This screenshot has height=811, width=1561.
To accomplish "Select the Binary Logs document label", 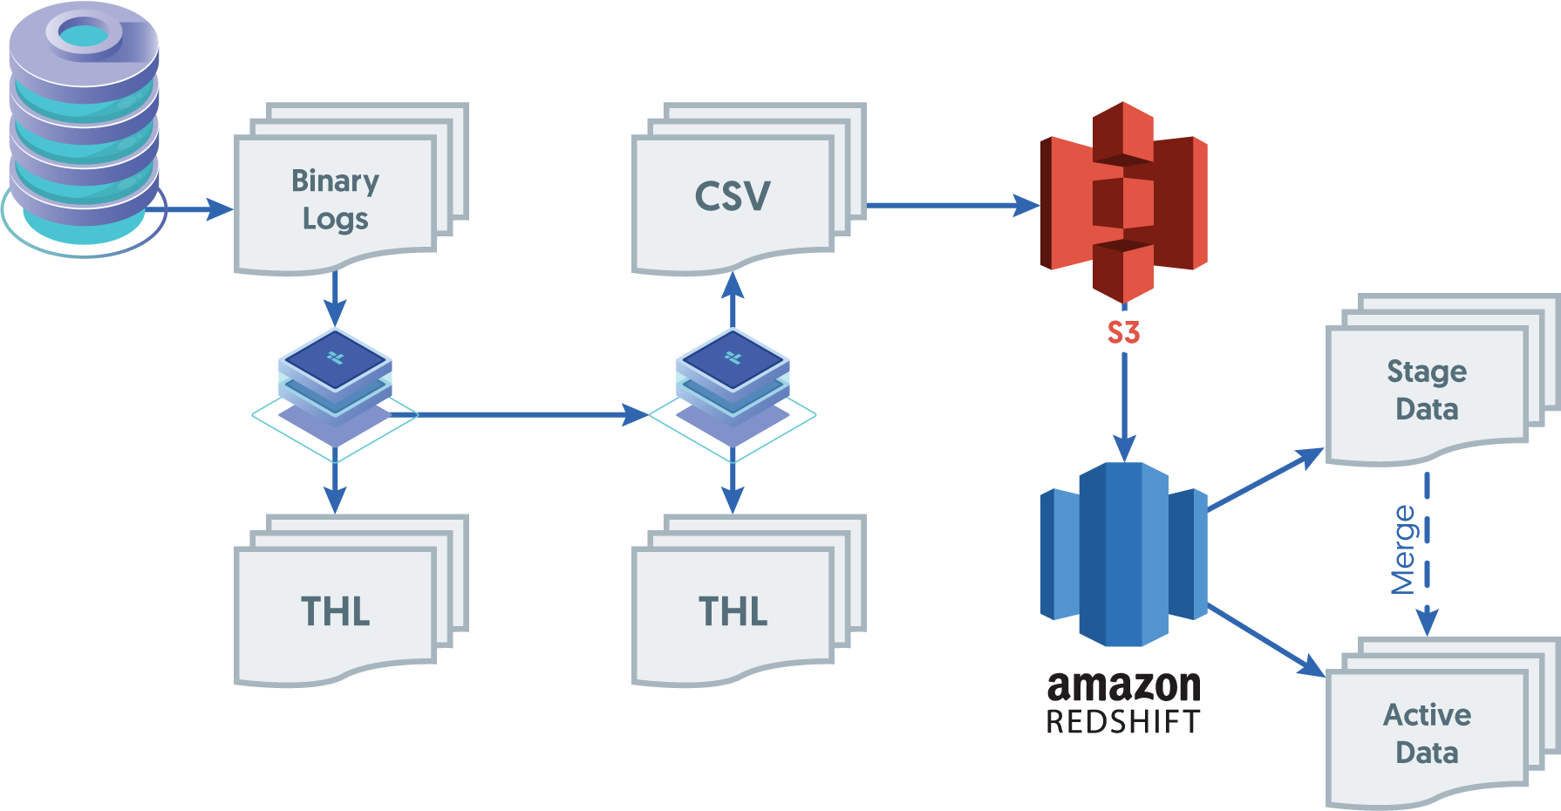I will [x=335, y=200].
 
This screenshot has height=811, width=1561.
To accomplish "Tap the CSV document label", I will [x=733, y=196].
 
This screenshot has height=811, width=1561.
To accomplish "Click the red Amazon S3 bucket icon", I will [x=1123, y=202].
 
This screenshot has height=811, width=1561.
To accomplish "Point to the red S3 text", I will [x=1123, y=332].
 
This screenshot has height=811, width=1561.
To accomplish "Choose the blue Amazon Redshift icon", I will [x=1123, y=555].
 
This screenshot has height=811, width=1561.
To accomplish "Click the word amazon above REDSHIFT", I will [x=1123, y=686].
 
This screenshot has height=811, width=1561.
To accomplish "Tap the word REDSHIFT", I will [x=1123, y=722].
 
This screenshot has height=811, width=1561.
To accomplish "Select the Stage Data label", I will [x=1427, y=390].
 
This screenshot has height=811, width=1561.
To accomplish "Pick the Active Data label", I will [x=1427, y=733].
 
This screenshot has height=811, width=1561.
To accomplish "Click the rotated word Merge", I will [x=1403, y=549].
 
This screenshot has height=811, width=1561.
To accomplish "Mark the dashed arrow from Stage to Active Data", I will [x=1427, y=576].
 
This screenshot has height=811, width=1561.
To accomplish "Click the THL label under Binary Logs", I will [x=335, y=611].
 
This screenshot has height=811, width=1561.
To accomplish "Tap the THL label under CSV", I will [x=733, y=611].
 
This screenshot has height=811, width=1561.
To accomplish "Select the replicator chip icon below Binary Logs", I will [x=335, y=384].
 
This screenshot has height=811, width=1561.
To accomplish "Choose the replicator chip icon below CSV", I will [x=733, y=384].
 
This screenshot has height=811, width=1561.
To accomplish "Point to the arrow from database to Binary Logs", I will [x=196, y=209].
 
